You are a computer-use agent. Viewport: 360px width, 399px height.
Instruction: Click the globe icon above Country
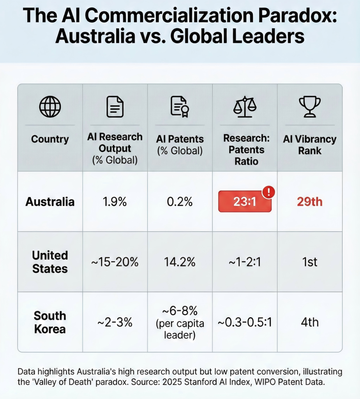tap(50, 107)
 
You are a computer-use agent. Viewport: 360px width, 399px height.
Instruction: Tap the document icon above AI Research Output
tap(115, 107)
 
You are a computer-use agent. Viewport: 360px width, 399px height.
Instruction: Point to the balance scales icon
tap(245, 107)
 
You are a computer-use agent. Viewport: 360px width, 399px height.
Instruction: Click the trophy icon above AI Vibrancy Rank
tap(310, 106)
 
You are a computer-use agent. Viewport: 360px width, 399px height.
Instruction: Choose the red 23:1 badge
tap(244, 202)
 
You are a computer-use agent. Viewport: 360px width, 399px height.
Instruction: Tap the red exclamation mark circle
tap(269, 192)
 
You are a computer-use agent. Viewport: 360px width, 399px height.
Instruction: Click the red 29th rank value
tap(310, 202)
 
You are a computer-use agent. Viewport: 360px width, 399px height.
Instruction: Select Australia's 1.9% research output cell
tap(115, 202)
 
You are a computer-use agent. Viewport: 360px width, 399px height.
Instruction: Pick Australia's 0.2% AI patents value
tap(180, 202)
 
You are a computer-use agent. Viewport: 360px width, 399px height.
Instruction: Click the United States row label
tap(50, 262)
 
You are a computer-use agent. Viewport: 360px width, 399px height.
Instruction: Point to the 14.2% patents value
tap(180, 262)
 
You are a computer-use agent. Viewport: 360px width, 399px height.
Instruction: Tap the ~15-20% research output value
tap(115, 262)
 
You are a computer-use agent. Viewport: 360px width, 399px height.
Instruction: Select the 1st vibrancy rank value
tap(310, 262)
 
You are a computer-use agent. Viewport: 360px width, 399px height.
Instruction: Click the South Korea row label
tap(50, 322)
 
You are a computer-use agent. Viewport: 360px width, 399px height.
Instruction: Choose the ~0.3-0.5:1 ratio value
tap(245, 323)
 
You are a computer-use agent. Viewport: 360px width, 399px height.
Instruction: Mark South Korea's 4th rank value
tap(310, 322)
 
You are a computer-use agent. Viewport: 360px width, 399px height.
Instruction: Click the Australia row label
tap(50, 202)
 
